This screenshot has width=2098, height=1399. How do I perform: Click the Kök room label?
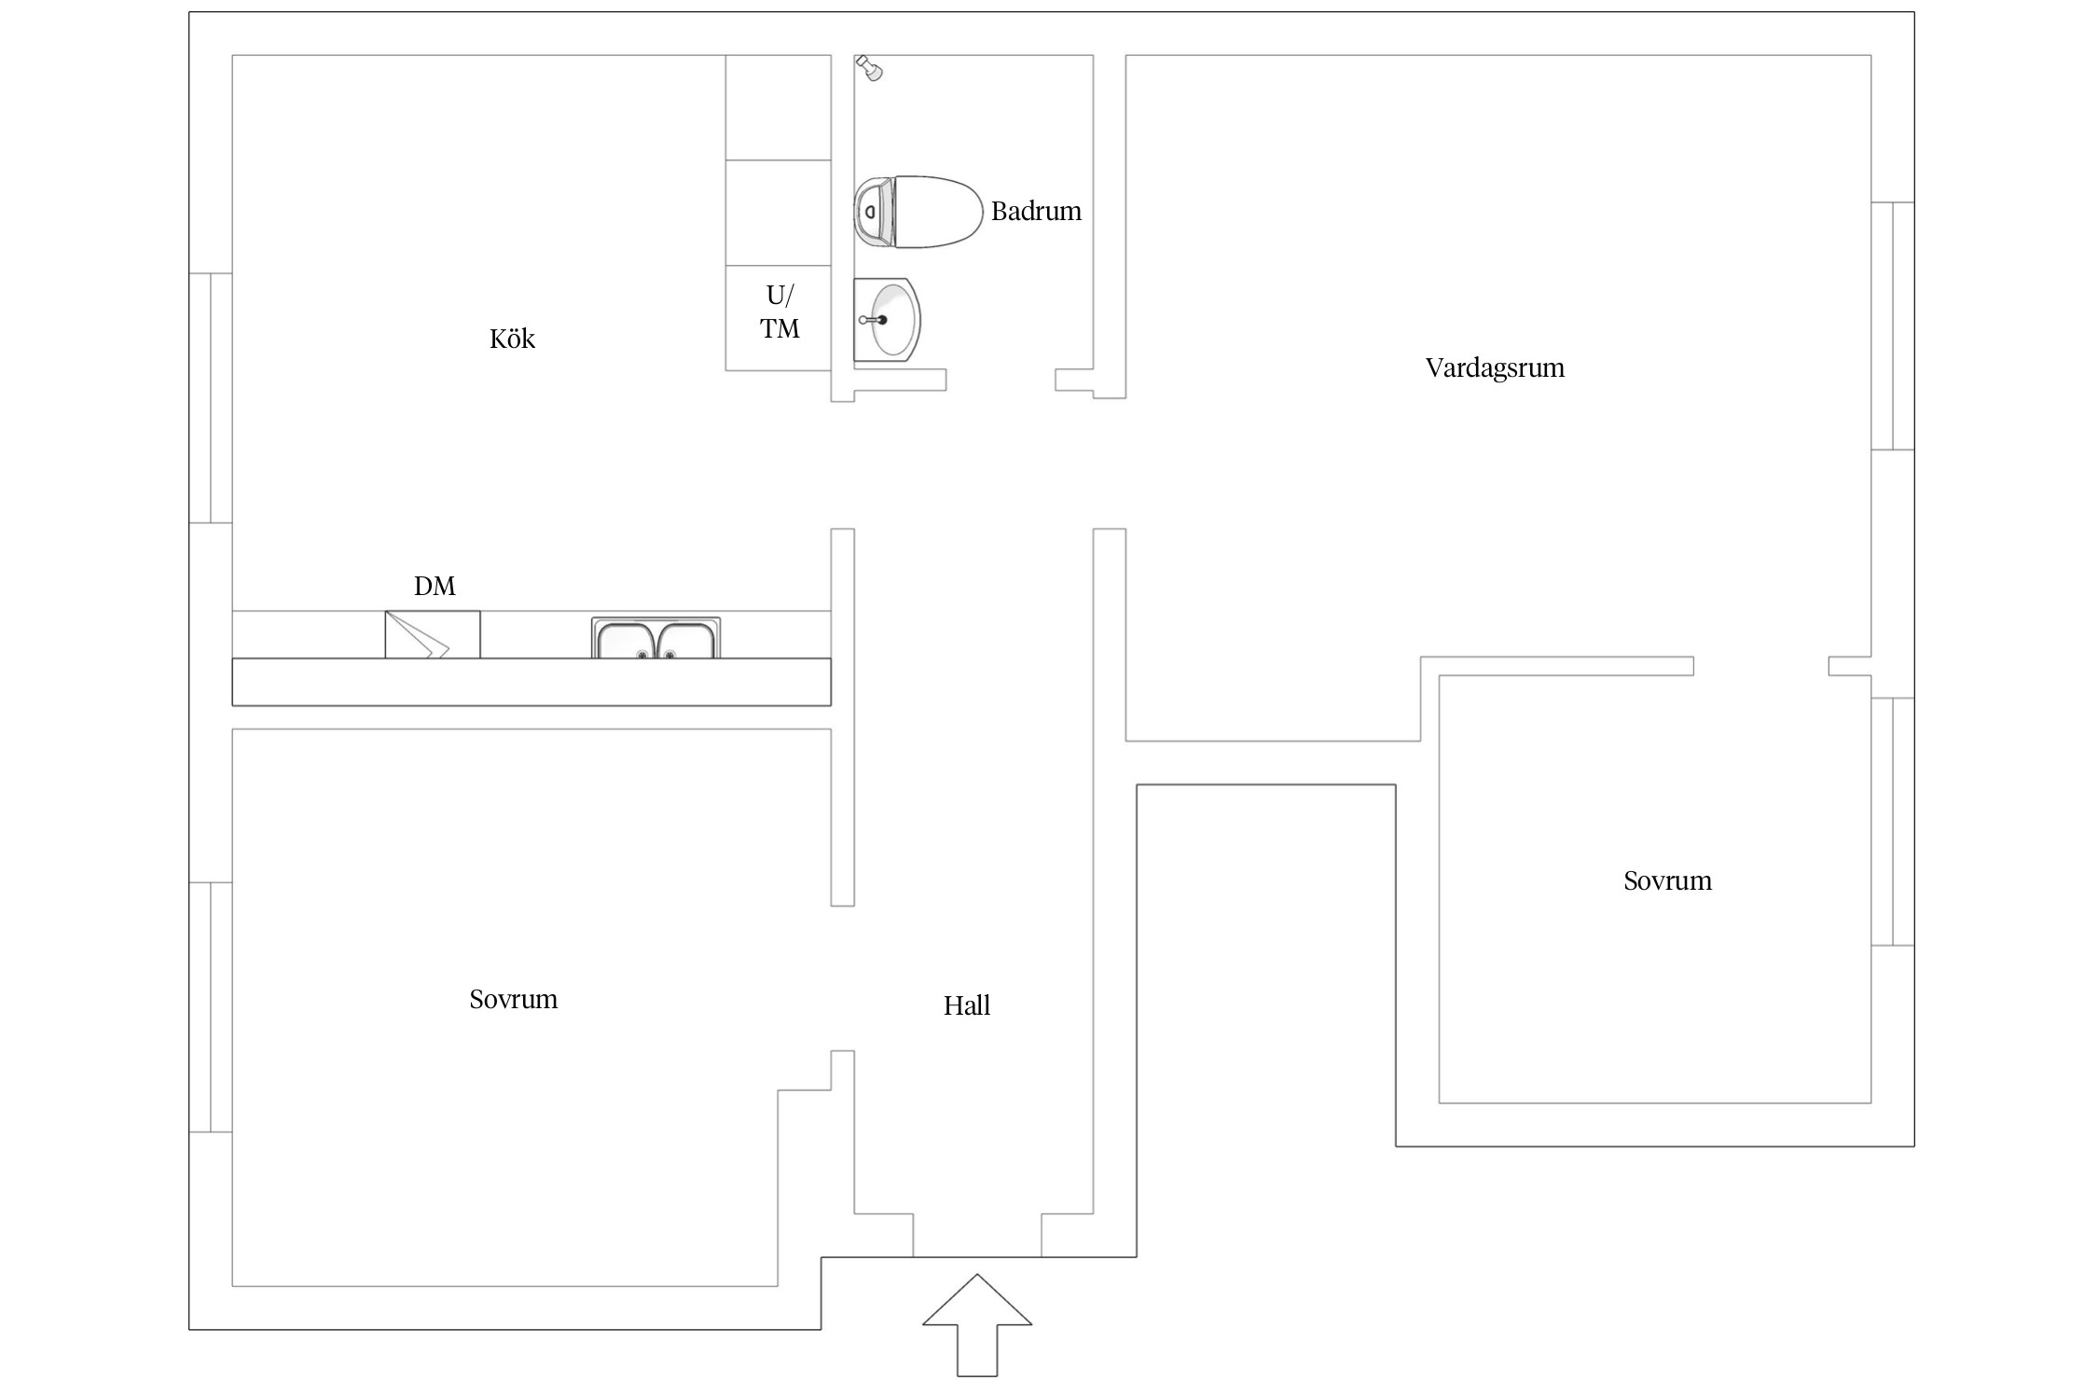coord(512,339)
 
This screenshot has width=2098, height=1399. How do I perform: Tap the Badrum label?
coord(1036,211)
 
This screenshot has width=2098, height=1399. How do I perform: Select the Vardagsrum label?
coord(1495,367)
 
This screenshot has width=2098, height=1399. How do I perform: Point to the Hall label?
coord(966,1005)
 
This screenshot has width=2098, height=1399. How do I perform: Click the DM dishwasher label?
coord(435,586)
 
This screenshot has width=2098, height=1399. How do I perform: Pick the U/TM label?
coord(780,312)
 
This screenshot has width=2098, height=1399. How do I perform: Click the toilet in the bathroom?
coord(918,212)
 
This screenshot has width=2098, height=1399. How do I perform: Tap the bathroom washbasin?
coord(887,319)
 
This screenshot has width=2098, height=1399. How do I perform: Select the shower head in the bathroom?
coord(869,68)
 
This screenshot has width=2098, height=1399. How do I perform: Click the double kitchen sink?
coord(656,638)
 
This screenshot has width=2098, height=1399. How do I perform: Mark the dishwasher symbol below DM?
coord(433,635)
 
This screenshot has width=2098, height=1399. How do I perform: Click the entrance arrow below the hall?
coord(977,1325)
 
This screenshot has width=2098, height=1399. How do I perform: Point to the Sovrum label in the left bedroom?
coord(513,999)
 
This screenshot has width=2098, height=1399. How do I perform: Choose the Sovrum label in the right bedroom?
coord(1667,880)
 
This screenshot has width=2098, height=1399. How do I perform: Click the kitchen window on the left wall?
coord(211,398)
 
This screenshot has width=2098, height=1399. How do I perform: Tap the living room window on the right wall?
coord(1893,326)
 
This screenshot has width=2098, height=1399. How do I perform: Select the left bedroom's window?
coord(211,1007)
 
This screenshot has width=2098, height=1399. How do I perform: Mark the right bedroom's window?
coord(1893,822)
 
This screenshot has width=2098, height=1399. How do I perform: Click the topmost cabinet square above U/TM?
coord(779,107)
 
